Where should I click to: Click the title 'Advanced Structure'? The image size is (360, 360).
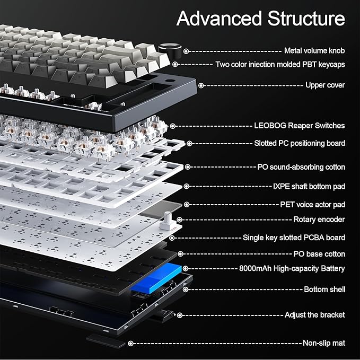[260, 19]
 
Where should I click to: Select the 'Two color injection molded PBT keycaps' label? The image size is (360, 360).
[280, 64]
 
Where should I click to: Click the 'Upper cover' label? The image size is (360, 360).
[325, 85]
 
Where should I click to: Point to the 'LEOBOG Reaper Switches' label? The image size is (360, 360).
[299, 126]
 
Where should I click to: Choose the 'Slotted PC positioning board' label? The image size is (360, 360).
[299, 143]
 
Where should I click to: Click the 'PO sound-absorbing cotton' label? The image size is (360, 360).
[301, 167]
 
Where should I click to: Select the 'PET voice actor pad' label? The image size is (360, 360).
[312, 204]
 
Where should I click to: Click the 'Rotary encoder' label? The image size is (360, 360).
[319, 219]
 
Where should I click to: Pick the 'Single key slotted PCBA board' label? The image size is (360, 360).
[294, 238]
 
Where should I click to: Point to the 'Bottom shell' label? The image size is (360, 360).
[324, 289]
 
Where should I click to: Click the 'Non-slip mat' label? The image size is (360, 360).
[323, 343]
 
